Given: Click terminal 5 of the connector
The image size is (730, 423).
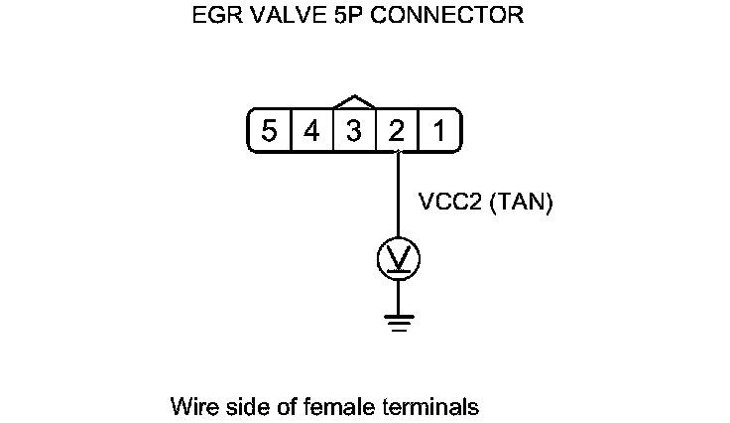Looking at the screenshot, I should tap(269, 131).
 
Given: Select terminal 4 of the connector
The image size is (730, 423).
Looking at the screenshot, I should tap(311, 131).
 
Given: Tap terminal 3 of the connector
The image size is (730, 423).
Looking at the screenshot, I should tap(354, 131).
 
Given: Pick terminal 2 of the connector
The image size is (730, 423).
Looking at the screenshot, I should tap(397, 131).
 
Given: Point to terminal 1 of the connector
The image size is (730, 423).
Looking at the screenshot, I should tap(438, 131).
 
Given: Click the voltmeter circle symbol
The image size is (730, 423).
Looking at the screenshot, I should tap(397, 260).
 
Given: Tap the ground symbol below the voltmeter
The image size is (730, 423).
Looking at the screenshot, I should tap(397, 319).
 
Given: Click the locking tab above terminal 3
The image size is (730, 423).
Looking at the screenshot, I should tap(354, 101).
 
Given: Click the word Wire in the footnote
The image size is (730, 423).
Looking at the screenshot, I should tap(190, 407).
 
